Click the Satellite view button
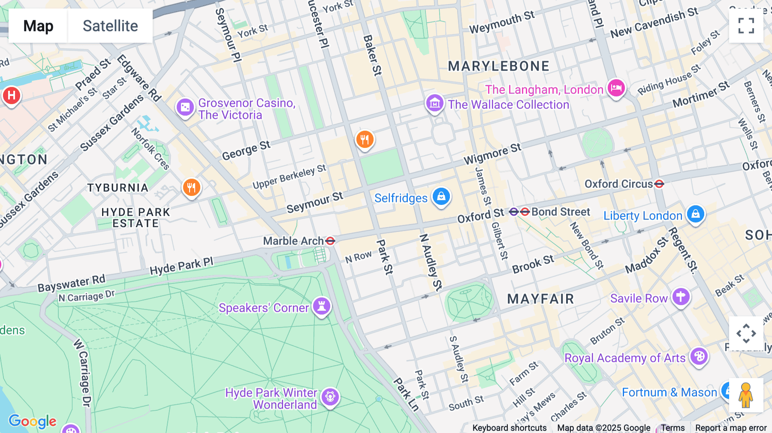[x=110, y=26]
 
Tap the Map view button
[x=38, y=26]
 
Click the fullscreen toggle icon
[x=746, y=26]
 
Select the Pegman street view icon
[x=746, y=395]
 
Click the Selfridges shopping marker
[x=441, y=197]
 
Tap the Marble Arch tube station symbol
[x=330, y=241]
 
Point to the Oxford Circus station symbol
[x=659, y=184]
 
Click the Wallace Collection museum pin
[x=434, y=103]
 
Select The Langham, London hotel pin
[x=616, y=88]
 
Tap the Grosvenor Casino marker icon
[x=185, y=107]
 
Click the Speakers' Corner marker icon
[x=322, y=306]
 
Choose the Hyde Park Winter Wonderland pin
[x=330, y=397]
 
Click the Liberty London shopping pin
[x=695, y=214]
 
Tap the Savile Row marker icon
[x=681, y=297]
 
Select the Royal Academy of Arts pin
[x=699, y=356]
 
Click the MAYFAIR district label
[x=540, y=299]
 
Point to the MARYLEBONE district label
[x=498, y=66]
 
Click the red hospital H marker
[x=12, y=95]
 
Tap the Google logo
[x=33, y=421]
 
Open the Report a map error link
[x=730, y=428]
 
